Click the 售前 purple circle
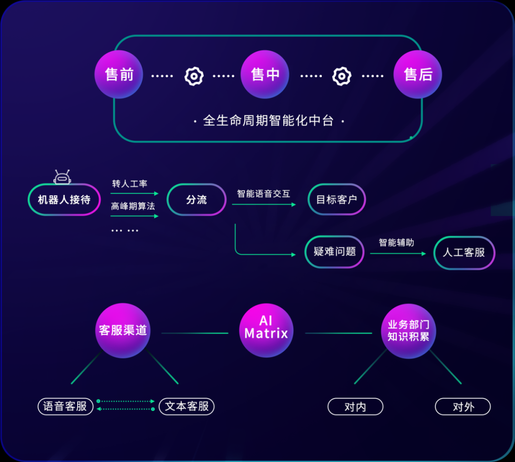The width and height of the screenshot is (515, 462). pyautogui.click(x=119, y=74)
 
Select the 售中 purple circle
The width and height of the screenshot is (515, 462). pyautogui.click(x=265, y=74)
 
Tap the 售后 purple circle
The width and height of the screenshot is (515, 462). pyautogui.click(x=418, y=74)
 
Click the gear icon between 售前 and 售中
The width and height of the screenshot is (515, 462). pyautogui.click(x=194, y=76)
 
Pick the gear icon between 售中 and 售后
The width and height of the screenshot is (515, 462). pyautogui.click(x=342, y=76)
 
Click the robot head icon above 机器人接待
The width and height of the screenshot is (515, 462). pyautogui.click(x=62, y=177)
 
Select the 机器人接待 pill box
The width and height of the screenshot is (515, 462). pyautogui.click(x=64, y=200)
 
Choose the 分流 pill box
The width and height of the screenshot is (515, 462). pyautogui.click(x=197, y=200)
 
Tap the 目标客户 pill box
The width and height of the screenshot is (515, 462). pyautogui.click(x=337, y=199)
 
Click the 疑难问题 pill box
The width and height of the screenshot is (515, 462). pyautogui.click(x=335, y=252)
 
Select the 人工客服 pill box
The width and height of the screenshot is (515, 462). pyautogui.click(x=464, y=253)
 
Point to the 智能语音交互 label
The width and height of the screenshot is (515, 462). pyautogui.click(x=264, y=194)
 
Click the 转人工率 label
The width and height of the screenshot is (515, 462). pyautogui.click(x=130, y=184)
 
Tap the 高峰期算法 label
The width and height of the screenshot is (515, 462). pyautogui.click(x=133, y=206)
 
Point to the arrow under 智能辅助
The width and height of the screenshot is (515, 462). pyautogui.click(x=398, y=254)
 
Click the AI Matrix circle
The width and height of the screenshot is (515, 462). pyautogui.click(x=267, y=330)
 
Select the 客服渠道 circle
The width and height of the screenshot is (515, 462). pyautogui.click(x=123, y=330)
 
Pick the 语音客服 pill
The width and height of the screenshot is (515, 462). pyautogui.click(x=66, y=407)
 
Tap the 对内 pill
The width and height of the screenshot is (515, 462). pyautogui.click(x=355, y=407)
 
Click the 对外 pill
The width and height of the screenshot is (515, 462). pyautogui.click(x=463, y=407)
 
